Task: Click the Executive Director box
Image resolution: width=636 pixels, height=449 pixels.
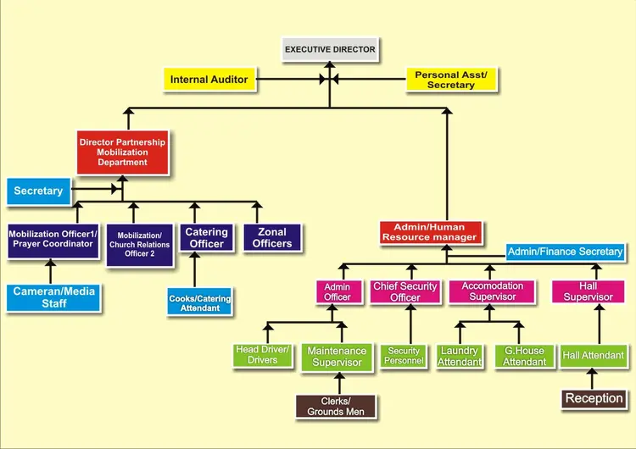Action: pyautogui.click(x=329, y=49)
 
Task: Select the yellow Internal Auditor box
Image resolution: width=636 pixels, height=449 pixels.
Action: pyautogui.click(x=209, y=80)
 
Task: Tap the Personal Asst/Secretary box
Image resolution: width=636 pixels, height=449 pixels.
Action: pyautogui.click(x=450, y=80)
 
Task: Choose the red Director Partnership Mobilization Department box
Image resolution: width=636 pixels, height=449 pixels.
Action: pyautogui.click(x=122, y=152)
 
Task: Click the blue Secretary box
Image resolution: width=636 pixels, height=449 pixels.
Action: pyautogui.click(x=38, y=191)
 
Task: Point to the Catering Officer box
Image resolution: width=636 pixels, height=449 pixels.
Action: pyautogui.click(x=206, y=237)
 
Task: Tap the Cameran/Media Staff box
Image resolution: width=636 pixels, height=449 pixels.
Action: pyautogui.click(x=54, y=297)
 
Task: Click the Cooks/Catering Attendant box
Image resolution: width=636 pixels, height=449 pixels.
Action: pyautogui.click(x=199, y=302)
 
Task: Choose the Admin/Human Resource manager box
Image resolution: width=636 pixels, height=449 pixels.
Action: pyautogui.click(x=430, y=232)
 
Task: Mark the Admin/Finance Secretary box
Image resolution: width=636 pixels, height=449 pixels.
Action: pyautogui.click(x=565, y=252)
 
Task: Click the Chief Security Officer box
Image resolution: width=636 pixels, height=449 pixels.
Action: pyautogui.click(x=405, y=291)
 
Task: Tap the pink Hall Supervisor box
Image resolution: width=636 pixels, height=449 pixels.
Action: pyautogui.click(x=589, y=291)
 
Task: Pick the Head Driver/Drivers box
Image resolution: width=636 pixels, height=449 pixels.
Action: pyautogui.click(x=262, y=355)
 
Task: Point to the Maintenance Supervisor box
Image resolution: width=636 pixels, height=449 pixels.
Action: pyautogui.click(x=337, y=357)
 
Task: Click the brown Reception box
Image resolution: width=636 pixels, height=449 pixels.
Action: pyautogui.click(x=594, y=398)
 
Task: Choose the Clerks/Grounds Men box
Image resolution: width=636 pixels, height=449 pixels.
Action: pyautogui.click(x=336, y=406)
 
